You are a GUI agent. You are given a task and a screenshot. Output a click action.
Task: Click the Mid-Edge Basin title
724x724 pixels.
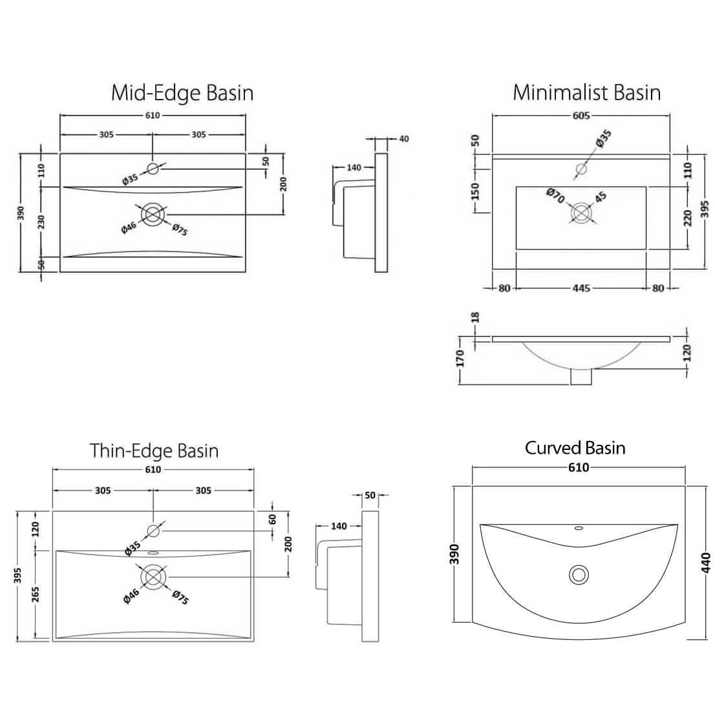182,92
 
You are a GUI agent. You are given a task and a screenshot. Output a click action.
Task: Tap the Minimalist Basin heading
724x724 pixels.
586,92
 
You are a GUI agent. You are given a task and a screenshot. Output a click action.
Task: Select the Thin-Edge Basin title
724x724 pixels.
154,450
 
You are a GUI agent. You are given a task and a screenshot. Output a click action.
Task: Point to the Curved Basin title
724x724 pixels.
575,447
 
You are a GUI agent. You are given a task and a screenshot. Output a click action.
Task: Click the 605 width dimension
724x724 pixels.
581,116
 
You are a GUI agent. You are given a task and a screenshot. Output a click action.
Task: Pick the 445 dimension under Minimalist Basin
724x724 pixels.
581,288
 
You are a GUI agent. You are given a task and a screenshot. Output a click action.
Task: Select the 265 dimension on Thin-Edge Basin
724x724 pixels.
35,594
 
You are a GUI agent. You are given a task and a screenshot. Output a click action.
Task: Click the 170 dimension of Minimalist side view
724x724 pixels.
460,357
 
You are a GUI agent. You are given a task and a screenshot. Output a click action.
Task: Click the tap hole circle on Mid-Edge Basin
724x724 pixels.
153,169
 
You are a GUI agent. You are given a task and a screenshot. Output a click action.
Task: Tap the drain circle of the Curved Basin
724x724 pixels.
579,574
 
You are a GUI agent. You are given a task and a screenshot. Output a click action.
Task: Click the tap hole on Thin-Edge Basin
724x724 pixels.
153,531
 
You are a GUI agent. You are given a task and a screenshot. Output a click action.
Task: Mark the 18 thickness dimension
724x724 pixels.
476,317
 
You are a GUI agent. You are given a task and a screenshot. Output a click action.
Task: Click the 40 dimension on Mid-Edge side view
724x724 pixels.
404,138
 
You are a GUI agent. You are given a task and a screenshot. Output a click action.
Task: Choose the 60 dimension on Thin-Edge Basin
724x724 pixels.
273,518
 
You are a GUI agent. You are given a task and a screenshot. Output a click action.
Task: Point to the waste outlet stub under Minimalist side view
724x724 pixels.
581,377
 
